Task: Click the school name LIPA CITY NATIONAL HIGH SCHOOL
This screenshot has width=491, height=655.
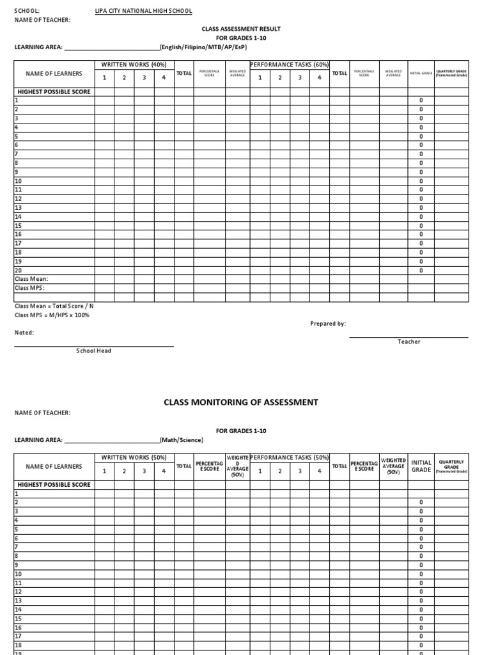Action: click(x=143, y=12)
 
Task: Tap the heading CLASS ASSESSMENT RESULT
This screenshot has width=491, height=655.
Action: click(x=241, y=29)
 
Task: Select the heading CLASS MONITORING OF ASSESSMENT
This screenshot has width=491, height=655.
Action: click(x=241, y=402)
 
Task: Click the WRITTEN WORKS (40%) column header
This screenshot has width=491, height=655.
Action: click(x=134, y=65)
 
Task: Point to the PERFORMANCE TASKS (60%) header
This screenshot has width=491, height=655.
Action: click(x=289, y=65)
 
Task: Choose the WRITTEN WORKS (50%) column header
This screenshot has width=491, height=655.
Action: click(x=134, y=457)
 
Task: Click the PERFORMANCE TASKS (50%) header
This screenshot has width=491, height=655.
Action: click(x=289, y=457)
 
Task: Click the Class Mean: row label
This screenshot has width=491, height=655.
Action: click(x=31, y=279)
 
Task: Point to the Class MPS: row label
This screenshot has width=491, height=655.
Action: click(x=29, y=288)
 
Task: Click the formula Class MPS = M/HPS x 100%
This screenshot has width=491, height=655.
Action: click(x=52, y=315)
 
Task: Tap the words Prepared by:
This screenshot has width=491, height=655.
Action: click(x=328, y=324)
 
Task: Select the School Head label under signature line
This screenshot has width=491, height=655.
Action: click(x=93, y=351)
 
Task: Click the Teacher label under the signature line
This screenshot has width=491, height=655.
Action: click(x=409, y=342)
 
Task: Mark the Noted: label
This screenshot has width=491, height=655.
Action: click(x=24, y=333)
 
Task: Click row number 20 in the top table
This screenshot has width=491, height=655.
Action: click(x=18, y=270)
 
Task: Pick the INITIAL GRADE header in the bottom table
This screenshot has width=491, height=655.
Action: click(x=421, y=466)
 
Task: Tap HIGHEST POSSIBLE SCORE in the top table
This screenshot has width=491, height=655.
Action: click(x=54, y=91)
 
